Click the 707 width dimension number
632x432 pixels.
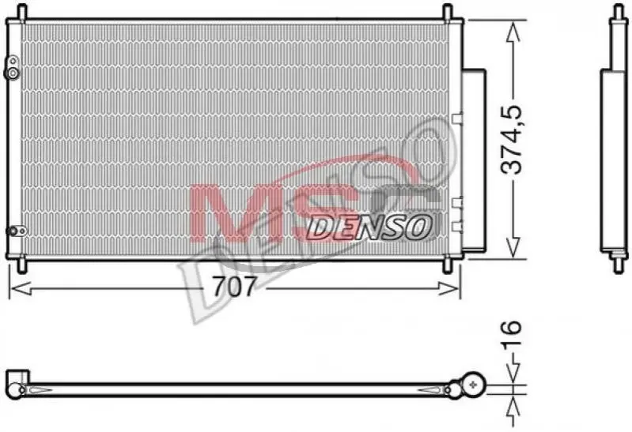click(x=234, y=287)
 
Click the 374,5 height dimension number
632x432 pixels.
click(x=511, y=140)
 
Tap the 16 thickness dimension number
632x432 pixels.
click(x=512, y=333)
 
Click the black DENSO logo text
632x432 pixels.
click(x=369, y=228)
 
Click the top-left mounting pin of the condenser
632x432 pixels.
click(x=22, y=12)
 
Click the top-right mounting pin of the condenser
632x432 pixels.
click(x=448, y=12)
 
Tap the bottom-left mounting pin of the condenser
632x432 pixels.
click(x=22, y=266)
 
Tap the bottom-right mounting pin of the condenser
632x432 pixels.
click(x=448, y=266)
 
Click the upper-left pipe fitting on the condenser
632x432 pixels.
click(x=12, y=68)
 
